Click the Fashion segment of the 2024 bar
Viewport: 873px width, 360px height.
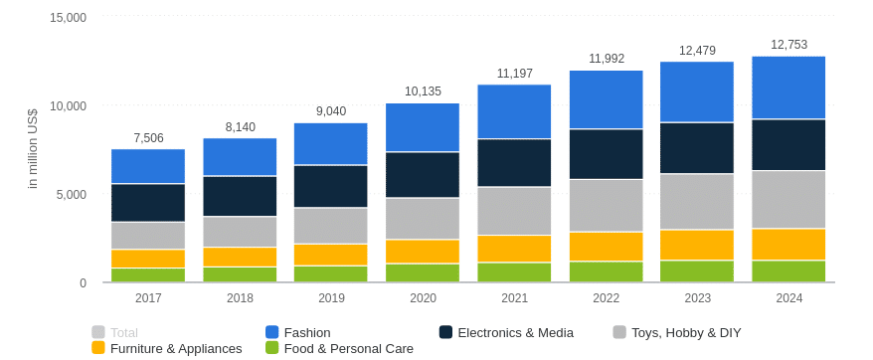click(788, 88)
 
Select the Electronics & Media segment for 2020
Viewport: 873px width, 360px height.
click(422, 175)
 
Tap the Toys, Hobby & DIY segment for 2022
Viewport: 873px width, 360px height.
click(606, 206)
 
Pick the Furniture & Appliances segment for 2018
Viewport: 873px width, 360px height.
click(240, 257)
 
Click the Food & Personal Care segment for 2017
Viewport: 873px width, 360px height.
click(148, 274)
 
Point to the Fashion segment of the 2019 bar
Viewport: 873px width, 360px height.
click(330, 144)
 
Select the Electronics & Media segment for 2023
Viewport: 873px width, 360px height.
click(697, 148)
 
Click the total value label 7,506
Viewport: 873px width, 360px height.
click(148, 138)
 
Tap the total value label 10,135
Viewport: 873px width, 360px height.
click(423, 91)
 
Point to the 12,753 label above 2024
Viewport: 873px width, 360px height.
click(788, 45)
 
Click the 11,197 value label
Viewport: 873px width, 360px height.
click(514, 74)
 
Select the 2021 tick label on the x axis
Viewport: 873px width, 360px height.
click(514, 298)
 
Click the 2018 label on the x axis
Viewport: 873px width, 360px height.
click(240, 298)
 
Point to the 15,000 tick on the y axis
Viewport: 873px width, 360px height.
click(68, 18)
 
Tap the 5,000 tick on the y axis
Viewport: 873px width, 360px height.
click(71, 195)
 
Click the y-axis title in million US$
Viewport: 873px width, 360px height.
click(32, 149)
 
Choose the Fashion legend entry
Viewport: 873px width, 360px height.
click(306, 332)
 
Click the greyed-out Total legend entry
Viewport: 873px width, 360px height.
click(123, 332)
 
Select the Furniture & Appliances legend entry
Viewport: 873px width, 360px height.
click(175, 348)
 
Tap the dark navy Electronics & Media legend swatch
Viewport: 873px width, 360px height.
click(446, 332)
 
